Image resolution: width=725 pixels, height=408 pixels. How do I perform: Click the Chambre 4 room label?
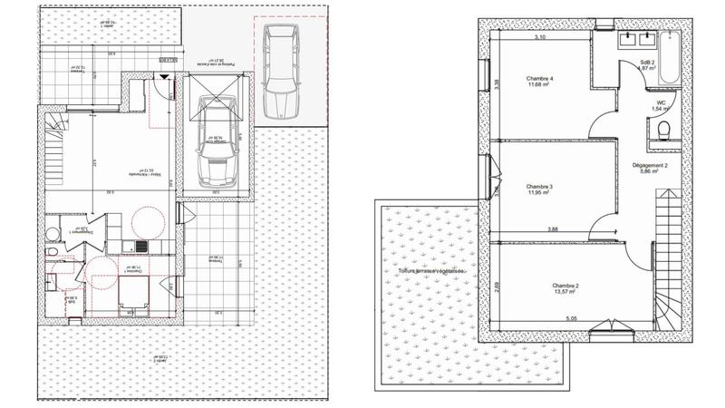tap(539, 79)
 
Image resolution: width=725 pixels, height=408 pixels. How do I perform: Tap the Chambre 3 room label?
tap(539, 187)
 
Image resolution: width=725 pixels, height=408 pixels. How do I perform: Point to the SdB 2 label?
tap(647, 61)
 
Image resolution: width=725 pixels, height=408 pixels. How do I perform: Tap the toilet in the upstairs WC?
tap(663, 133)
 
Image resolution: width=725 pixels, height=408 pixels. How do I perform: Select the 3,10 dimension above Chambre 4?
tap(540, 38)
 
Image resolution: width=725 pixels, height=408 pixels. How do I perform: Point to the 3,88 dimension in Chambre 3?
tap(553, 229)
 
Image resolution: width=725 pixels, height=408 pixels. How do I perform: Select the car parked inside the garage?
tap(218, 151)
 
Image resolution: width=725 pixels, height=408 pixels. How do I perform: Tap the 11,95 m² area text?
tap(539, 193)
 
